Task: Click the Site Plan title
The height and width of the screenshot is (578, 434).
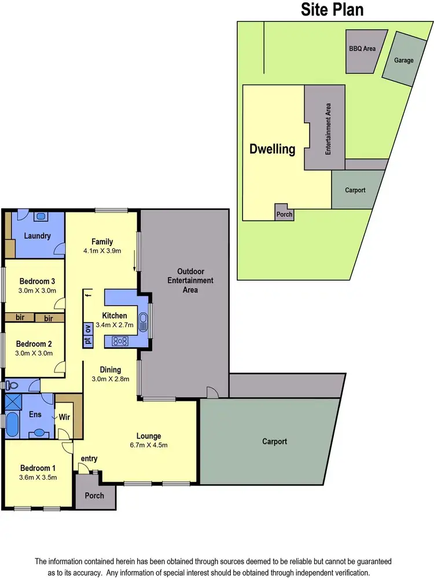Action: coord(332,9)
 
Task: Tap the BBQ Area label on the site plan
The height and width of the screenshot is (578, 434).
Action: coord(363,49)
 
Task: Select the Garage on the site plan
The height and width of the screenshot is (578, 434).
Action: coord(403,60)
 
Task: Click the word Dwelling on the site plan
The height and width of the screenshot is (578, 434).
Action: coord(272,149)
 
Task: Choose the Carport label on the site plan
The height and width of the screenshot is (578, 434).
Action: coord(355,189)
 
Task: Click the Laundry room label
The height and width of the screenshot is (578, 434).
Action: coord(37,236)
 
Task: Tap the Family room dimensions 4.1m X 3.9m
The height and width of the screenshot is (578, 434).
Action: coord(102,251)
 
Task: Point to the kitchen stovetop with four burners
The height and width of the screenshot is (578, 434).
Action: coord(121,341)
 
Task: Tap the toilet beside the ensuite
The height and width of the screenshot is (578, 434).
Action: coord(11,384)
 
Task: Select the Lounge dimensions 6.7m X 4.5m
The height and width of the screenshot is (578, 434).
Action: coord(149,446)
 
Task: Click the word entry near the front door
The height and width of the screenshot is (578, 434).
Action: coord(89,459)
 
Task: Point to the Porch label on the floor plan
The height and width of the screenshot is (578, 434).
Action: coord(94,495)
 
